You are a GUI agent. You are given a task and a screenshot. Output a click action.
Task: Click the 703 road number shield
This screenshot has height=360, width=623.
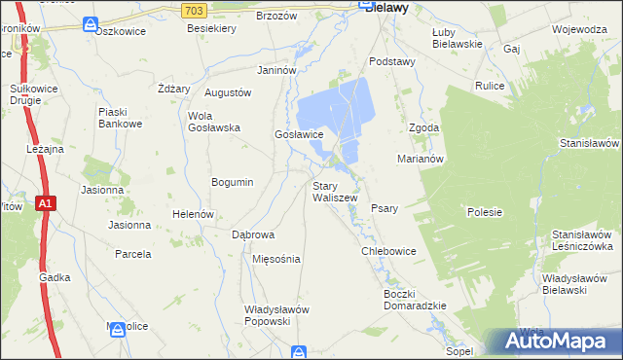point(193,9)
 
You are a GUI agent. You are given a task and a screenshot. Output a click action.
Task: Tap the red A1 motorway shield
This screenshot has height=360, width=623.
point(46,203)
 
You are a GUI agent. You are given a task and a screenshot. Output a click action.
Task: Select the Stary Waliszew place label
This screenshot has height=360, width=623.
point(335,192)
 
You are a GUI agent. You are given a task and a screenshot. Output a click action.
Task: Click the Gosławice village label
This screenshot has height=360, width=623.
point(298,135)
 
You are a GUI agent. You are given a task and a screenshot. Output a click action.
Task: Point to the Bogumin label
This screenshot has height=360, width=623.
point(233,182)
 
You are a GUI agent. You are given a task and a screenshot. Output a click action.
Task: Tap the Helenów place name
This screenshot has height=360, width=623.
point(192,214)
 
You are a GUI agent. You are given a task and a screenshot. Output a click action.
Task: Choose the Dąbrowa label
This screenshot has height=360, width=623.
point(253,235)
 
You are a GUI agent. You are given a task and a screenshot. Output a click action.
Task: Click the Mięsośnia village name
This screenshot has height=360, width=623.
point(275,260)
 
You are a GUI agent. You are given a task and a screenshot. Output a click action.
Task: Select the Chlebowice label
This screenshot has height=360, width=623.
point(388,251)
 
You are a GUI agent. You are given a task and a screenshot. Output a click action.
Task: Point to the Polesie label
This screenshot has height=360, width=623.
point(484,212)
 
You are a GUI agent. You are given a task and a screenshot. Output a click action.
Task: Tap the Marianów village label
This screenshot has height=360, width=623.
point(421,158)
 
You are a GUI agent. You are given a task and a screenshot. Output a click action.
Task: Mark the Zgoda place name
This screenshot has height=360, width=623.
point(424,127)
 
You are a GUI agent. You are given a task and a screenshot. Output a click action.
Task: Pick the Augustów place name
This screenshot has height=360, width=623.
point(228,92)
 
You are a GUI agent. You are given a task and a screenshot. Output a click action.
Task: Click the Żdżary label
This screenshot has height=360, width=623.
point(173,89)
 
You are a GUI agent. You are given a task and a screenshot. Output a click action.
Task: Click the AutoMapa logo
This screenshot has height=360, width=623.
point(559,340)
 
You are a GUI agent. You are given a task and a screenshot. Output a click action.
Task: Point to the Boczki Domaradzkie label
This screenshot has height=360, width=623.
point(415,300)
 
